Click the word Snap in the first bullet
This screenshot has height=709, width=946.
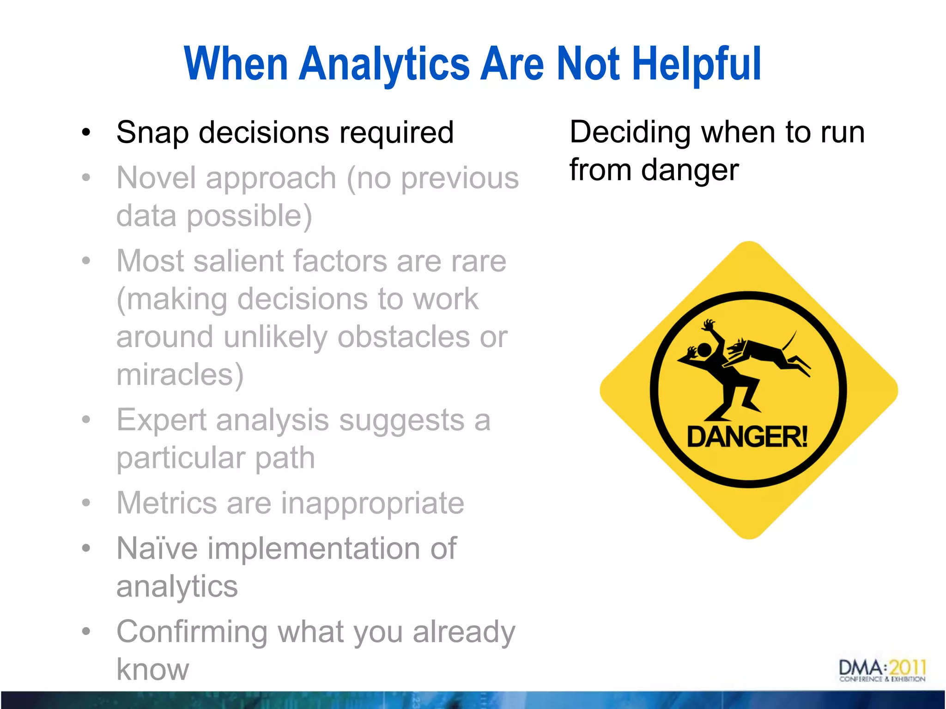[152, 133]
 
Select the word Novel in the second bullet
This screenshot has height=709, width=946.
[157, 178]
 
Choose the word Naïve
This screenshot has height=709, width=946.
[157, 548]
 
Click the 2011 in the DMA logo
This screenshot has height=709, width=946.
[907, 667]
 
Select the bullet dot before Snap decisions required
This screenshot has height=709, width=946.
[86, 133]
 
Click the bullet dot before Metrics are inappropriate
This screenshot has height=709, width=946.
[86, 503]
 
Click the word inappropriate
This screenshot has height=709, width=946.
[372, 503]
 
